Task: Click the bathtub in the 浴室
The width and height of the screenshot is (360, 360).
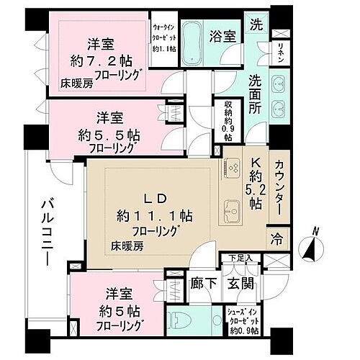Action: pos(192,35)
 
